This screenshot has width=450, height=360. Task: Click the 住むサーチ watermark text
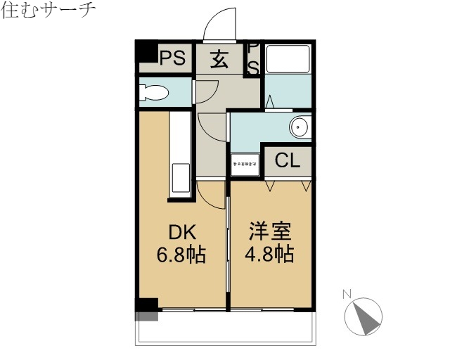[x=48, y=12]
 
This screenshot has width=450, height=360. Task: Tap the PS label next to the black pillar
[x=172, y=58]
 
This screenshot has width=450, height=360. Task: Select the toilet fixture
[x=153, y=92]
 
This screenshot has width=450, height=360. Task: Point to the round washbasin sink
[x=299, y=127]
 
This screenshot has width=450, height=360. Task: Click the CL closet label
[x=287, y=160]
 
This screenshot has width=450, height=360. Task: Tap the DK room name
[x=181, y=232]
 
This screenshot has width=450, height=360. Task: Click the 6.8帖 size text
[x=181, y=254]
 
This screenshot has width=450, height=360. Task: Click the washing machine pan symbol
[x=245, y=162]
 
